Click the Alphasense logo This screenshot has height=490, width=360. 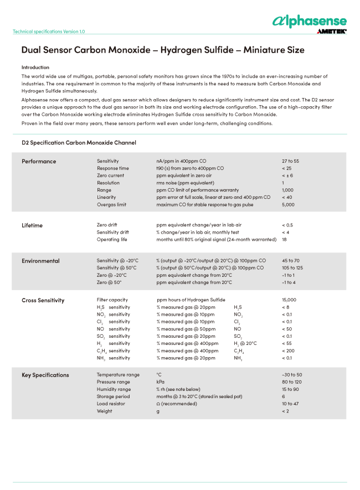pyautogui.click(x=309, y=22)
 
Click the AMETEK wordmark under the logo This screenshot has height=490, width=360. pyautogui.click(x=332, y=32)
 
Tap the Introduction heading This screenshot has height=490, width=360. pyautogui.click(x=35, y=67)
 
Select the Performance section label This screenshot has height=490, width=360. pyautogui.click(x=39, y=162)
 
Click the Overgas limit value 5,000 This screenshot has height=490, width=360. pyautogui.click(x=288, y=204)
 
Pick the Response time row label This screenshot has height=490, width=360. pyautogui.click(x=113, y=168)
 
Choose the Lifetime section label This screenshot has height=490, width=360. pyautogui.click(x=32, y=225)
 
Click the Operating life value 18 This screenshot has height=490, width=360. pyautogui.click(x=285, y=240)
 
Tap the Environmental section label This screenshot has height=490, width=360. pyautogui.click(x=40, y=261)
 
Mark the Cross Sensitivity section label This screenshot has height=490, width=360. pyautogui.click(x=43, y=301)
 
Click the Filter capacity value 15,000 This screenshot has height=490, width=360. pyautogui.click(x=290, y=300)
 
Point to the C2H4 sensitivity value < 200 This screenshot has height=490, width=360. pyautogui.click(x=289, y=351)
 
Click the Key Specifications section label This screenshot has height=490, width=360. pyautogui.click(x=45, y=375)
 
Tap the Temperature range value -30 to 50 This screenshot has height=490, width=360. pyautogui.click(x=292, y=375)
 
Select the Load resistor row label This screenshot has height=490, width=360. pyautogui.click(x=111, y=404)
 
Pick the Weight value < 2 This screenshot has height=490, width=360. pyautogui.click(x=286, y=411)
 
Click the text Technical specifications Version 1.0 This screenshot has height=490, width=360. pyautogui.click(x=49, y=32)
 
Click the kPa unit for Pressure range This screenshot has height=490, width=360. pyautogui.click(x=160, y=382)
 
